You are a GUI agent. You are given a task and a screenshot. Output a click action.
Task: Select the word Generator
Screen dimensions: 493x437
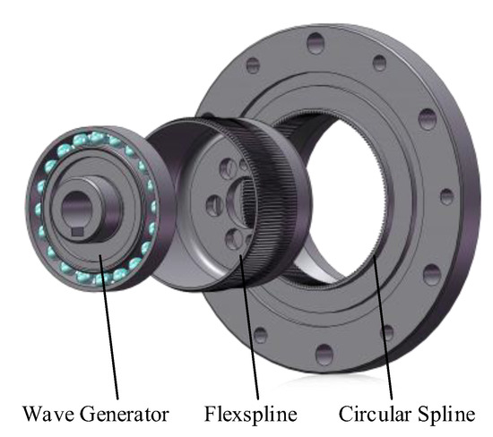[x=125, y=414]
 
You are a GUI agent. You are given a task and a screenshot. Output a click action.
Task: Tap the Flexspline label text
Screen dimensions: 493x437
[x=251, y=415]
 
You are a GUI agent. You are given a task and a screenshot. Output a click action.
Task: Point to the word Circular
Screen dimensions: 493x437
[x=375, y=414]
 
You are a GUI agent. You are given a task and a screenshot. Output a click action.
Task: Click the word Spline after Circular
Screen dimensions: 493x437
[x=446, y=415]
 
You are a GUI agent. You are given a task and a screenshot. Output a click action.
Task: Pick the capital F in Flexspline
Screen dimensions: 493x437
[x=211, y=414]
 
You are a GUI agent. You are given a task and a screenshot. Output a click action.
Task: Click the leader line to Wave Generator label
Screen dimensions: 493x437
[x=108, y=327]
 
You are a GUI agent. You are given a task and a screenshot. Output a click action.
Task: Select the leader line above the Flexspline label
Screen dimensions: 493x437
[x=250, y=327]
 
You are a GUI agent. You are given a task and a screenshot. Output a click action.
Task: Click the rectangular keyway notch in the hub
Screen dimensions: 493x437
[x=77, y=232]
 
